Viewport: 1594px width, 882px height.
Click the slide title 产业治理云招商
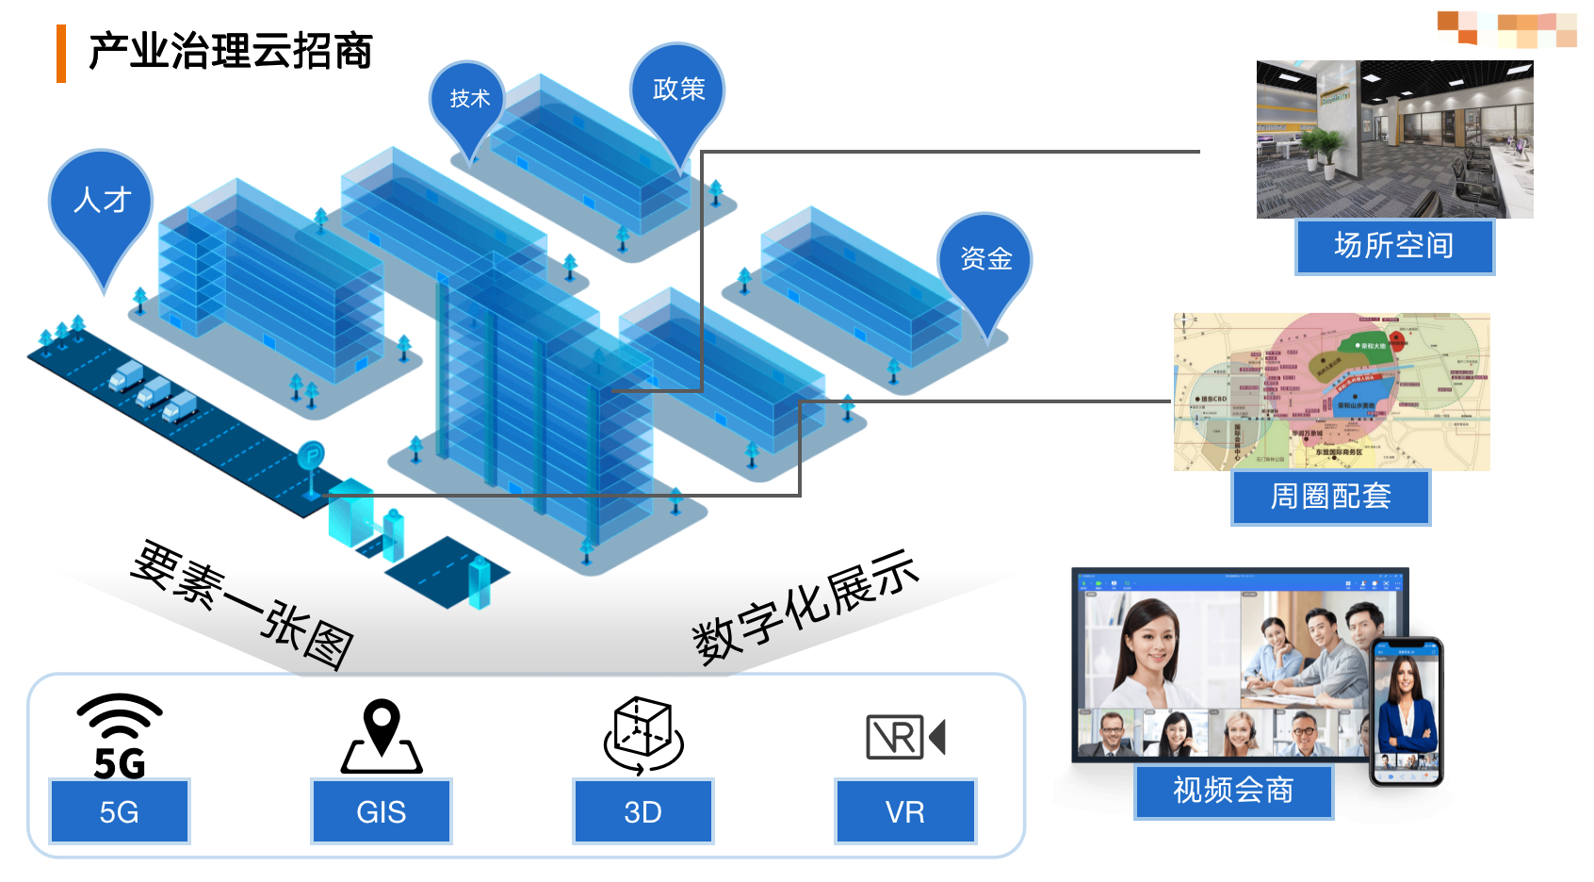click(x=230, y=51)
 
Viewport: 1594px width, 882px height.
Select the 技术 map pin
click(x=468, y=100)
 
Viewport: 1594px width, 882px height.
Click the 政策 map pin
click(x=677, y=90)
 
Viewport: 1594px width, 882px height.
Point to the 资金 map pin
click(x=984, y=260)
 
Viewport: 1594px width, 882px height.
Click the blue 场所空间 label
click(x=1393, y=246)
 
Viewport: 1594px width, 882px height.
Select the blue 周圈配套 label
click(x=1330, y=497)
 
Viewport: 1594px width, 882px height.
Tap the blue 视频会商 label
click(x=1232, y=791)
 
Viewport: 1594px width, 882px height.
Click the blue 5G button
click(x=120, y=811)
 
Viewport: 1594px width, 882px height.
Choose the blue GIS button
click(x=381, y=811)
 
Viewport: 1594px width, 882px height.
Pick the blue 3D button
click(x=642, y=811)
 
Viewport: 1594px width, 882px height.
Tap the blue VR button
click(x=904, y=811)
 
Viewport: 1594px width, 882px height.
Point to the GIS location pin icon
click(x=382, y=736)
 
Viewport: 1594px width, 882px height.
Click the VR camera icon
click(x=904, y=737)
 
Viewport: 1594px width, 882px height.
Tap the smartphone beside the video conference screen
click(x=1406, y=711)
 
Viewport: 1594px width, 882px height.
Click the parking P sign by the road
click(x=311, y=457)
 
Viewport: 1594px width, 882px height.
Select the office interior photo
click(x=1394, y=139)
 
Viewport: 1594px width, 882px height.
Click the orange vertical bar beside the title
click(x=61, y=54)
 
